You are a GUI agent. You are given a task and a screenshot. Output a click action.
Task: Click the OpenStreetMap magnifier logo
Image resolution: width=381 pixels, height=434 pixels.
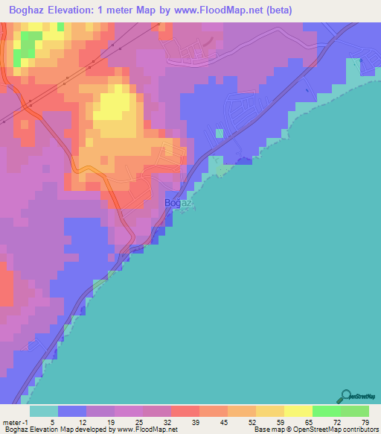[x=347, y=397]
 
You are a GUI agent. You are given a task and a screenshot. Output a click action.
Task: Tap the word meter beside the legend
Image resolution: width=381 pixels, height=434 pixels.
[x=11, y=422]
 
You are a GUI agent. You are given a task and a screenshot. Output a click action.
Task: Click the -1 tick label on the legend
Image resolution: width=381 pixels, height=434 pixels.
[x=26, y=422]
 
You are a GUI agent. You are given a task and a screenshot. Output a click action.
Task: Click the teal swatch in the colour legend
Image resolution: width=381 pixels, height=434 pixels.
[x=44, y=411]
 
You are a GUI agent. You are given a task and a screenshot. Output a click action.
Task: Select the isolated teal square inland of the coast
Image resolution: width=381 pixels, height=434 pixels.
[x=219, y=133]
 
